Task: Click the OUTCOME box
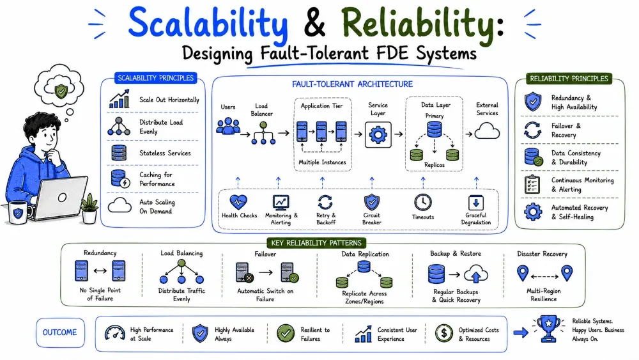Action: [x=60, y=333]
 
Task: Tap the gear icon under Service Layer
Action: [x=378, y=134]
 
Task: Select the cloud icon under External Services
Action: [x=488, y=131]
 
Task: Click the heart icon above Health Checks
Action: [x=238, y=202]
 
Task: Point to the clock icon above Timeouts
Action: [x=423, y=202]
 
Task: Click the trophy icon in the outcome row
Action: [x=548, y=328]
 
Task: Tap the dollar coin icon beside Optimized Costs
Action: [x=444, y=333]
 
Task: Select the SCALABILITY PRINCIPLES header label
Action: [x=156, y=78]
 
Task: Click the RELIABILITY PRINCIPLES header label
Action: [x=569, y=79]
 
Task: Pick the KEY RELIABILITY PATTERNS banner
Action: [x=316, y=243]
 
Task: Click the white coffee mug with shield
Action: [x=19, y=212]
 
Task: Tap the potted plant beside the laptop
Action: [x=89, y=208]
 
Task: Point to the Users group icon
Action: [x=228, y=126]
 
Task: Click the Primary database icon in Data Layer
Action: [x=435, y=129]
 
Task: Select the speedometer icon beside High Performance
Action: [x=115, y=333]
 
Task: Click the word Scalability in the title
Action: [x=208, y=24]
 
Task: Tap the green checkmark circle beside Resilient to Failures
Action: [x=286, y=333]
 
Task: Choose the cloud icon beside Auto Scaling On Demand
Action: [x=119, y=205]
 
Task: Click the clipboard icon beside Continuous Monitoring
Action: [x=532, y=184]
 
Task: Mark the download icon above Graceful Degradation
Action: [x=475, y=203]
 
